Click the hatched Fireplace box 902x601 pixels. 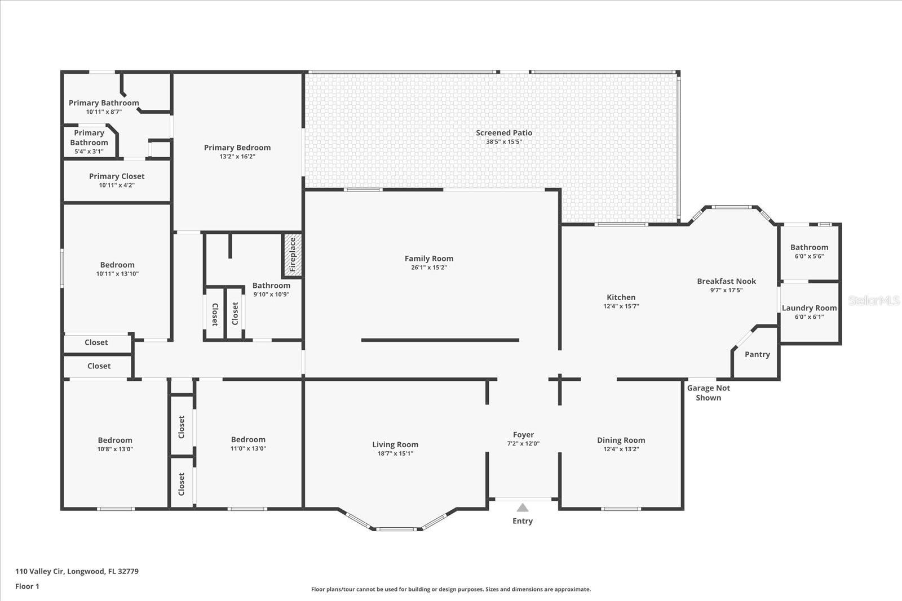coord(292,255)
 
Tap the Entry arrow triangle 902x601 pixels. coord(523,507)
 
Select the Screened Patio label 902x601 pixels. coord(504,133)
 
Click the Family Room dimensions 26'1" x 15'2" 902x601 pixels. coord(428,268)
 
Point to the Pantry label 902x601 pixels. coord(757,354)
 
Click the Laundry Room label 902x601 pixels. coord(809,308)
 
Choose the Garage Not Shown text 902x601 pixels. coord(708,393)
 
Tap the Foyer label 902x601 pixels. coord(523,435)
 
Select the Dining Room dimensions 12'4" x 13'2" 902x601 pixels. coord(621,449)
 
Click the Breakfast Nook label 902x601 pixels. coord(726,281)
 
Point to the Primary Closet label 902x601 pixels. coord(117,176)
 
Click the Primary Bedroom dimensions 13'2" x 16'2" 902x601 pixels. coord(237,157)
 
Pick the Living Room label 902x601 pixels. coord(395,444)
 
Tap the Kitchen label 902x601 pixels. coord(621,297)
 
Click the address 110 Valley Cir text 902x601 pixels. coord(77,571)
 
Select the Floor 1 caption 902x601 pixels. coord(27,586)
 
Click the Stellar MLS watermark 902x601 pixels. coord(873,301)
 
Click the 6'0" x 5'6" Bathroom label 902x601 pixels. coord(809,247)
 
